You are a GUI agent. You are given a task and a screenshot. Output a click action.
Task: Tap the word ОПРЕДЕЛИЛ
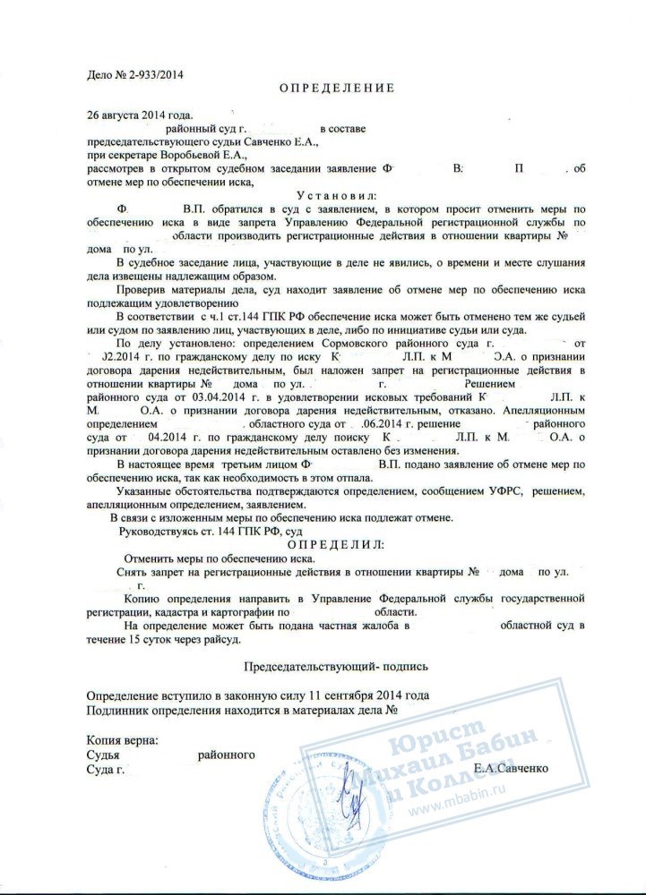337,544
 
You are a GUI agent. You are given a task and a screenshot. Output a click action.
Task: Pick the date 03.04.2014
208,395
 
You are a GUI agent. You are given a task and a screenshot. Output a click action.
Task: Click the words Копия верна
123,739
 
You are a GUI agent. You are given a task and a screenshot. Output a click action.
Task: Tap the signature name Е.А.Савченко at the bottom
511,769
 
